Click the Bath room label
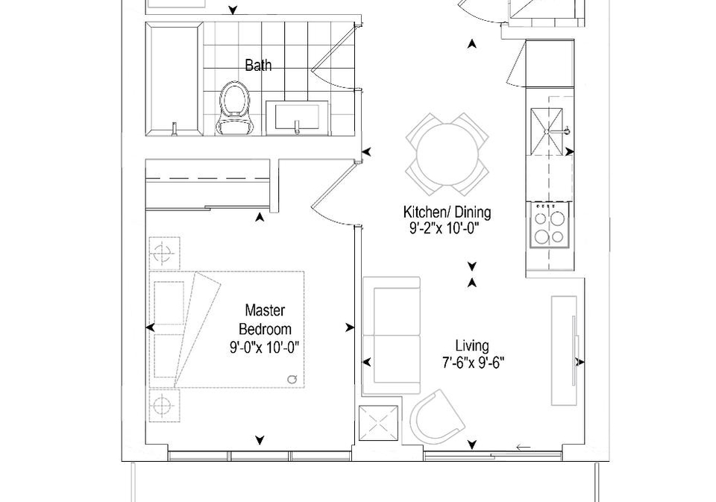(x=258, y=66)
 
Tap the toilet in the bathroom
(x=235, y=108)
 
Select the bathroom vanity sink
(x=297, y=118)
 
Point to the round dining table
(x=447, y=154)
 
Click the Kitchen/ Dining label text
(x=447, y=212)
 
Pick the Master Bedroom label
(x=266, y=320)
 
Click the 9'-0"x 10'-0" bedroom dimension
(x=264, y=348)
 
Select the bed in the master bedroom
(x=227, y=330)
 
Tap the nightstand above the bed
(x=164, y=253)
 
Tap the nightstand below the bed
(x=164, y=406)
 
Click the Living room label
(x=472, y=346)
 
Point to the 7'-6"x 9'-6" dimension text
(x=473, y=363)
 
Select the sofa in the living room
(x=392, y=336)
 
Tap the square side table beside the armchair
(x=380, y=424)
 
